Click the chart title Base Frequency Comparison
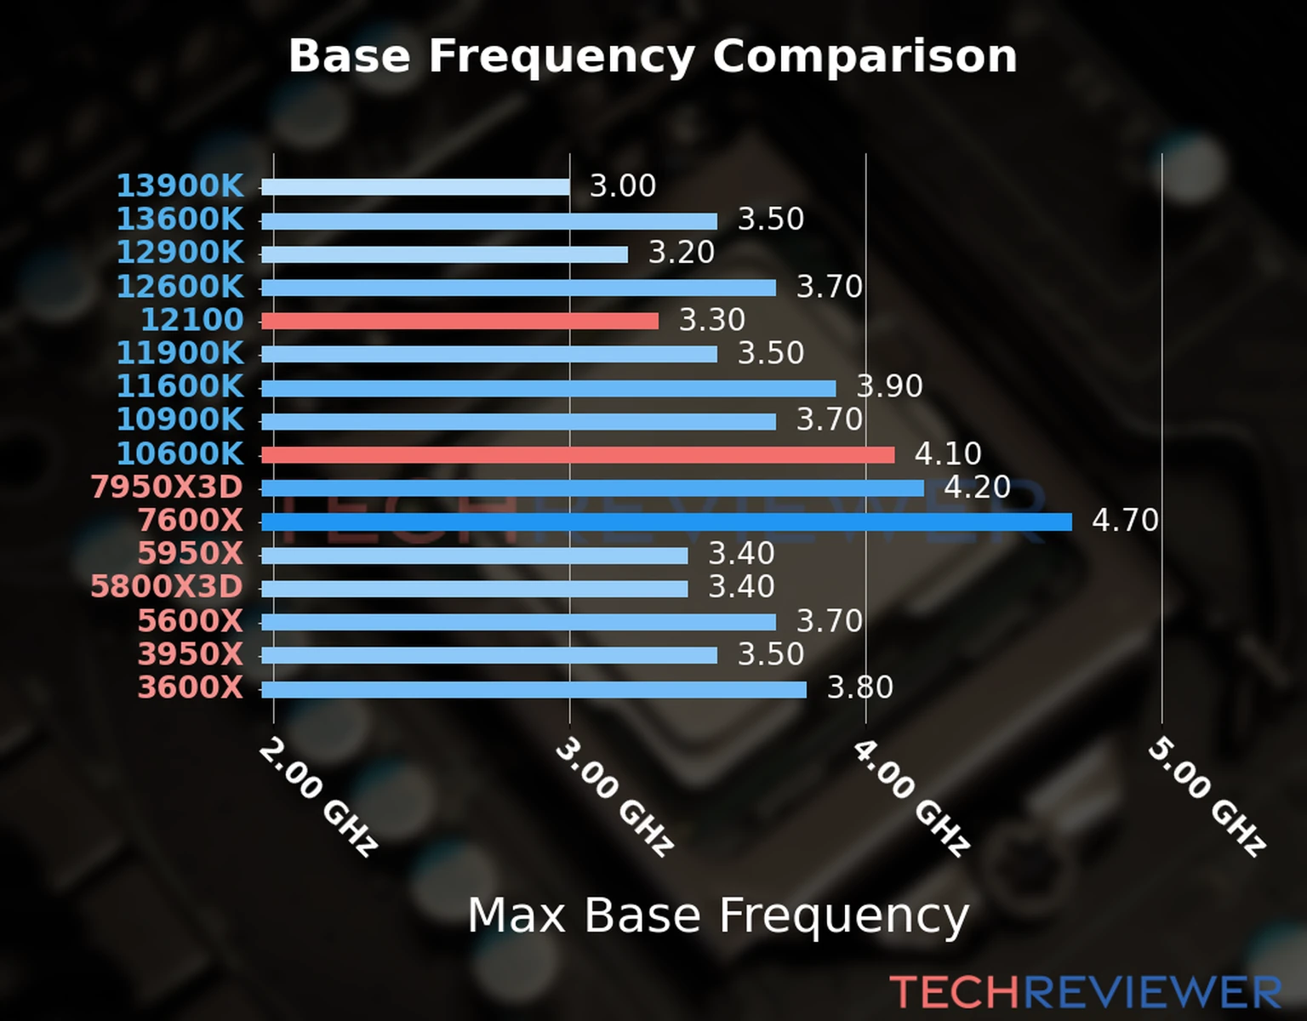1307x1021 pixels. (653, 56)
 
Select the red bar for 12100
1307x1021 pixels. (459, 321)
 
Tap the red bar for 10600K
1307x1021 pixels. (578, 455)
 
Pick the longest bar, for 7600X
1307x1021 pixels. (666, 522)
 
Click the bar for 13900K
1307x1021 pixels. (415, 187)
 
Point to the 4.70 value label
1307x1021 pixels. (1125, 520)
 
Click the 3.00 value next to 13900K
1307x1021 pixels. (623, 185)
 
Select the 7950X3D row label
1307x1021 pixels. (167, 487)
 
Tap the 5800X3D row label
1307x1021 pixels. (167, 587)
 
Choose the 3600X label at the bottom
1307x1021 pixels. (191, 687)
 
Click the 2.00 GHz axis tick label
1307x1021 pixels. (317, 796)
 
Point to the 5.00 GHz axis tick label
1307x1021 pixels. (1207, 796)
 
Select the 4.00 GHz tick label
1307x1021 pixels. (910, 796)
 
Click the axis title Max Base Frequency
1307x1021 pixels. (718, 916)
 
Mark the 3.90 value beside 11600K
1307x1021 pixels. (889, 386)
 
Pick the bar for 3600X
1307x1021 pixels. (534, 689)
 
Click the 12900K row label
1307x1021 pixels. (180, 253)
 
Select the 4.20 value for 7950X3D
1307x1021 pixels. (977, 487)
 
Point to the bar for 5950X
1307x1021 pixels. (474, 556)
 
